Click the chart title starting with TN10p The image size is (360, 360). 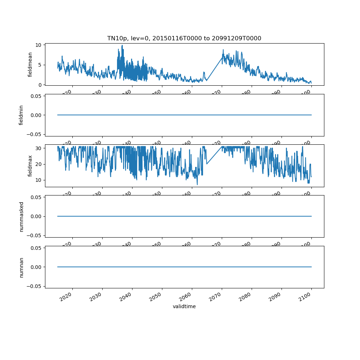click(184, 38)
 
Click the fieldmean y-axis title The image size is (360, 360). click(30, 64)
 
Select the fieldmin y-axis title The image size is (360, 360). click(21, 115)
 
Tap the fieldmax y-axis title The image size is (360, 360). click(30, 166)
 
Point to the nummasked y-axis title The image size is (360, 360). click(21, 216)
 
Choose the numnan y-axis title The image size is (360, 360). click(21, 267)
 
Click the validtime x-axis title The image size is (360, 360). click(184, 306)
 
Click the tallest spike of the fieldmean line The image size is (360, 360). click(122, 45)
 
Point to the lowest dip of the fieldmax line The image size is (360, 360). click(197, 185)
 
